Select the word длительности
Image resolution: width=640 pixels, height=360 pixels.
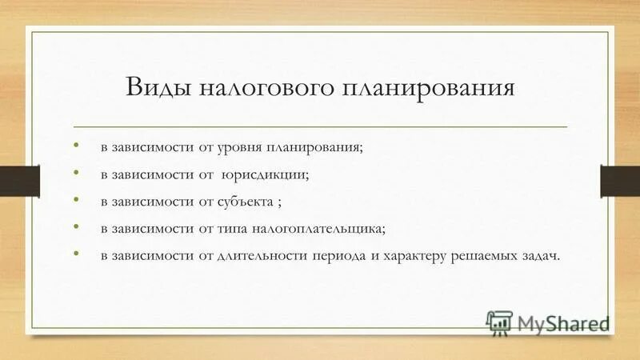coord(274,255)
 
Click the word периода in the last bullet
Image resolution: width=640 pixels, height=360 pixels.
coord(350,255)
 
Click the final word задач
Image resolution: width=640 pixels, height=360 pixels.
coord(544,255)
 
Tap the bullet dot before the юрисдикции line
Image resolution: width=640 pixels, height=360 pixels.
coord(76,173)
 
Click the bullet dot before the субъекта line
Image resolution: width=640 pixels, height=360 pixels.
coord(76,199)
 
